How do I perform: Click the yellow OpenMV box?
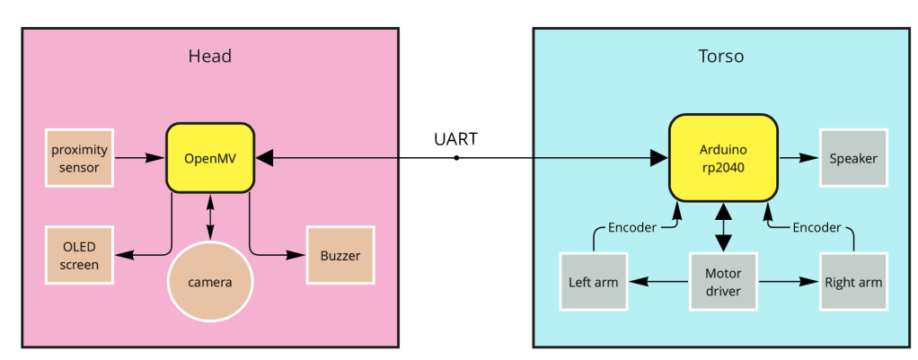click(210, 157)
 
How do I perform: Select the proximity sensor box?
click(79, 157)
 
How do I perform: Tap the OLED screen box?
click(79, 254)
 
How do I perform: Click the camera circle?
click(210, 282)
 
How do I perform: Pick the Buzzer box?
click(340, 254)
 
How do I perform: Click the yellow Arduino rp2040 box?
click(723, 157)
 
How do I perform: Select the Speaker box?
click(852, 158)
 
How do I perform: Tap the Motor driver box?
click(723, 282)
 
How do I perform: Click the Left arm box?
click(593, 282)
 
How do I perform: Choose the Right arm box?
click(852, 282)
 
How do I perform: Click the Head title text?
click(209, 57)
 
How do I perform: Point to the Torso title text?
click(721, 57)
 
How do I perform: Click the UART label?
click(455, 139)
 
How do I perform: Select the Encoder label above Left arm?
click(631, 227)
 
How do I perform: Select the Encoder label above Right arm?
click(816, 227)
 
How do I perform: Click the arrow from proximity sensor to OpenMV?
click(139, 157)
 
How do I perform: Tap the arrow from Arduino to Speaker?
click(798, 158)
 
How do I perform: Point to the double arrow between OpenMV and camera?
click(210, 216)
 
